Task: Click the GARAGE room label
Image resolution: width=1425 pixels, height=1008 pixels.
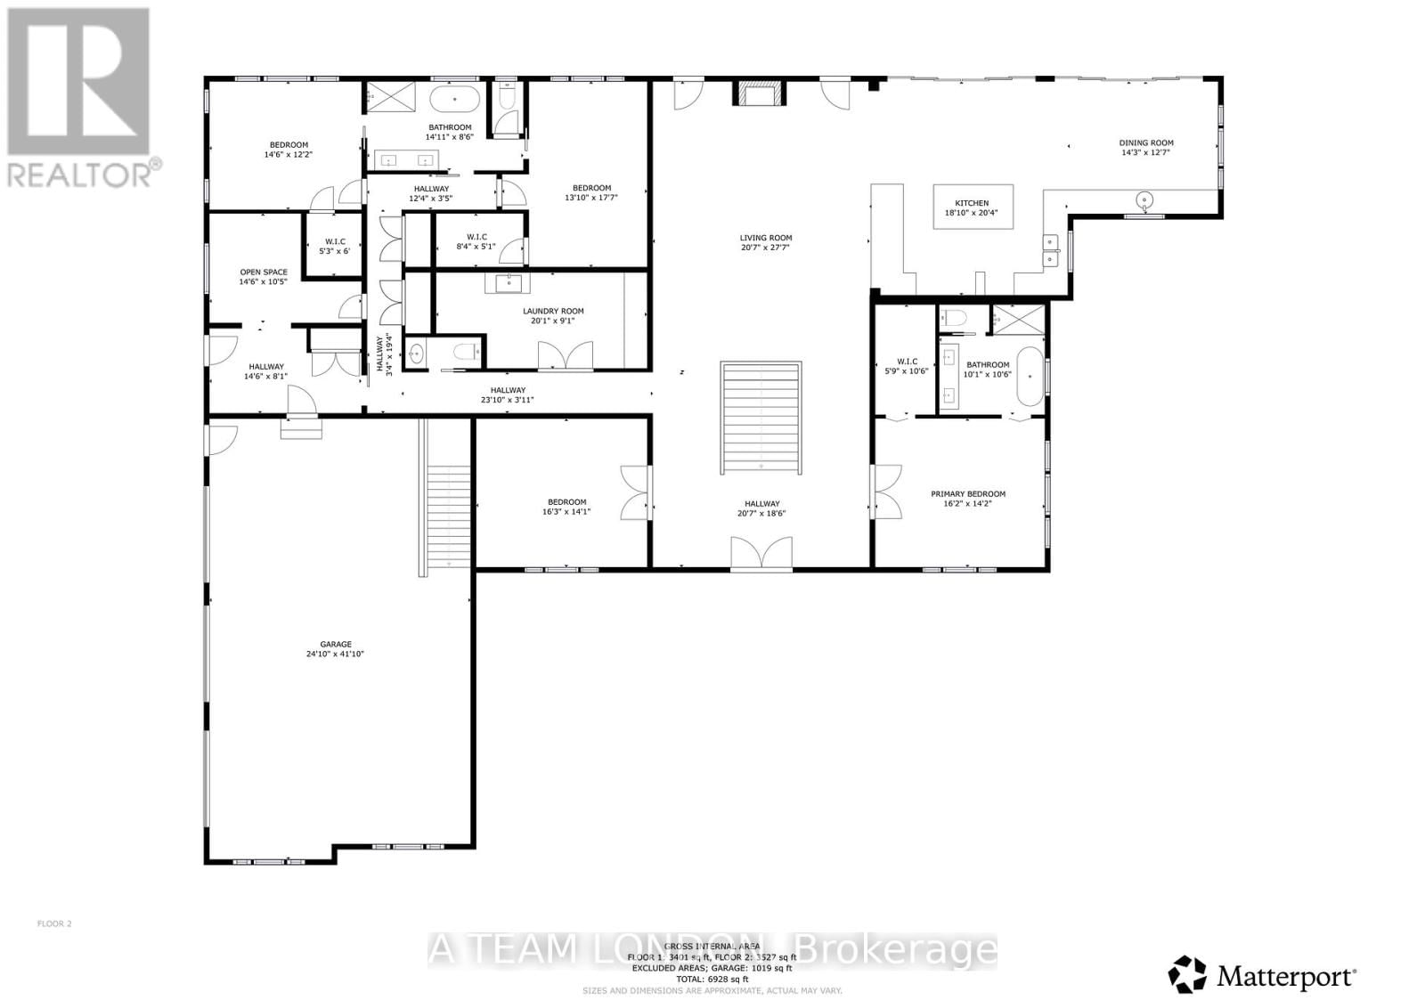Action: pyautogui.click(x=336, y=645)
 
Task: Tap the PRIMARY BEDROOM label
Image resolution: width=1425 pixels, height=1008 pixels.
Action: pyautogui.click(x=967, y=494)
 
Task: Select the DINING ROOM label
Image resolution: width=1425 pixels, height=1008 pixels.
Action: pyautogui.click(x=1145, y=142)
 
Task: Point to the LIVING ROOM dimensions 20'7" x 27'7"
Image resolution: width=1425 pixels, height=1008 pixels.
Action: pyautogui.click(x=765, y=248)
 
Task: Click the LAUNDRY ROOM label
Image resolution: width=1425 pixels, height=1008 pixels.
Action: pyautogui.click(x=553, y=312)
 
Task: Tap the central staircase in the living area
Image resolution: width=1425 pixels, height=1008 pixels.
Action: pyautogui.click(x=761, y=419)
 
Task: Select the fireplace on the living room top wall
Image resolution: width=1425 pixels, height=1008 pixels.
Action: pyautogui.click(x=760, y=93)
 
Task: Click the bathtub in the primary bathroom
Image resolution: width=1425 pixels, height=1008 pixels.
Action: pyautogui.click(x=1030, y=377)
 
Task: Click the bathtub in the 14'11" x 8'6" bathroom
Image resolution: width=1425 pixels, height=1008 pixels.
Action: pyautogui.click(x=456, y=99)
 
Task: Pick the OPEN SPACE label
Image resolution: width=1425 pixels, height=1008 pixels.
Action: pyautogui.click(x=263, y=272)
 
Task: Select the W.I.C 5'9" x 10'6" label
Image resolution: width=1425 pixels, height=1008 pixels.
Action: pyautogui.click(x=908, y=362)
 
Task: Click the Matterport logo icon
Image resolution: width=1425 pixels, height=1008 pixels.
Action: pyautogui.click(x=1188, y=974)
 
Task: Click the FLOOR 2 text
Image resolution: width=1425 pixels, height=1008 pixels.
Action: pyautogui.click(x=54, y=923)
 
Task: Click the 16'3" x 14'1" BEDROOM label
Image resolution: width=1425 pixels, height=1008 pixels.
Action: pyautogui.click(x=566, y=502)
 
